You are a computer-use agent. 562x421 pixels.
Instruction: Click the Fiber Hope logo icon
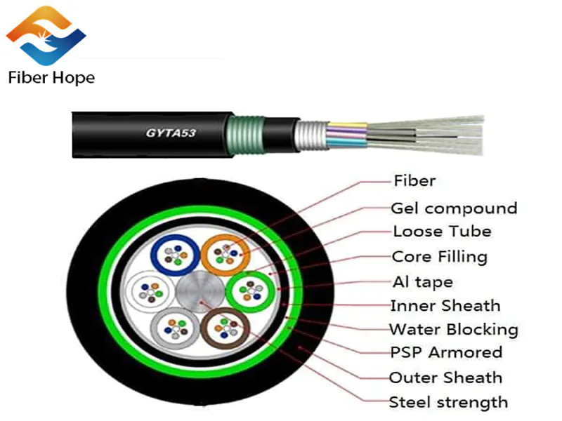[x=46, y=35]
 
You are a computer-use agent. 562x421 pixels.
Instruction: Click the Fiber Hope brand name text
[x=51, y=76]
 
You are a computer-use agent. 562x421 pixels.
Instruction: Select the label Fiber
[x=414, y=181]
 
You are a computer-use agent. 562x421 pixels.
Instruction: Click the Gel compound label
[x=454, y=208]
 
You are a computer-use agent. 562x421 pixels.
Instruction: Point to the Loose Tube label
[x=442, y=232]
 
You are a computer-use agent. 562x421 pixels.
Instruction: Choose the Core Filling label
[x=439, y=257]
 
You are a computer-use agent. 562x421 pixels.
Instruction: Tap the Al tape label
[x=422, y=282]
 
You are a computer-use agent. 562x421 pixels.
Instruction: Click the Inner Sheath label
[x=445, y=306]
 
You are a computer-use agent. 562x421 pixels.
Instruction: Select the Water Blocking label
[x=454, y=329]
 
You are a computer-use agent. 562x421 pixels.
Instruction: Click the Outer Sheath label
[x=446, y=378]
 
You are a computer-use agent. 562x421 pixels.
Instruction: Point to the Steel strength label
[x=448, y=403]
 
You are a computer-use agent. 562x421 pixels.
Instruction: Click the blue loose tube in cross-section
[x=171, y=253]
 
